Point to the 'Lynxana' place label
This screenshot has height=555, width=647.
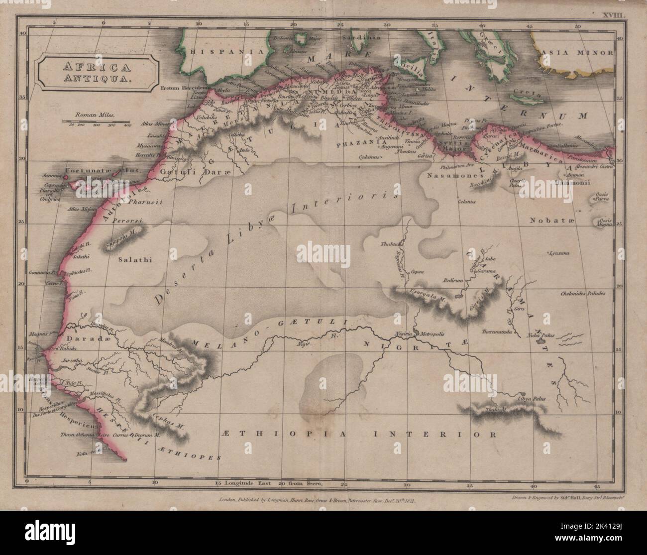coord(559,253)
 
